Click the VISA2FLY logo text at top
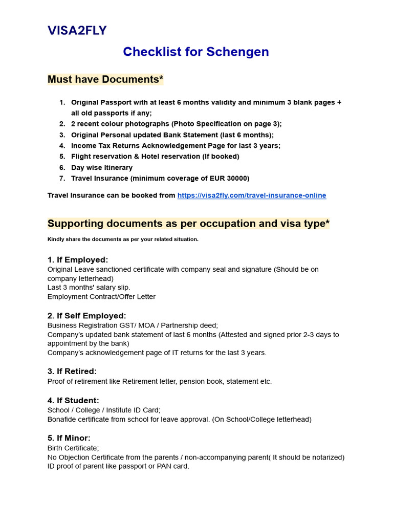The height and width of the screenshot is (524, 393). (x=77, y=31)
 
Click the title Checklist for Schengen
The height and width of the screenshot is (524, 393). (x=196, y=52)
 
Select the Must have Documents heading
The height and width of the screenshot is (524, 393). (x=105, y=79)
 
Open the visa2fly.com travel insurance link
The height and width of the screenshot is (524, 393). (x=251, y=195)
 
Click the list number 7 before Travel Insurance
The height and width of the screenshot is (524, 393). (x=62, y=179)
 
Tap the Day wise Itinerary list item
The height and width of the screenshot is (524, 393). (x=101, y=167)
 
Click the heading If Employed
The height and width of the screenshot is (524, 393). (x=78, y=260)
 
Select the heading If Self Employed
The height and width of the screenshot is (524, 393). (x=86, y=316)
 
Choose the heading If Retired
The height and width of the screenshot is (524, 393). (x=72, y=372)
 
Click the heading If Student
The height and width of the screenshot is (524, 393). (x=73, y=400)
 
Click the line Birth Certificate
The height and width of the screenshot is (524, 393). (x=73, y=448)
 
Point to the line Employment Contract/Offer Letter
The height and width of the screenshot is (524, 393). (x=101, y=297)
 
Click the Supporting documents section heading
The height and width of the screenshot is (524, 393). (x=188, y=224)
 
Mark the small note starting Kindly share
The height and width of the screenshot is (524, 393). (x=123, y=239)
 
